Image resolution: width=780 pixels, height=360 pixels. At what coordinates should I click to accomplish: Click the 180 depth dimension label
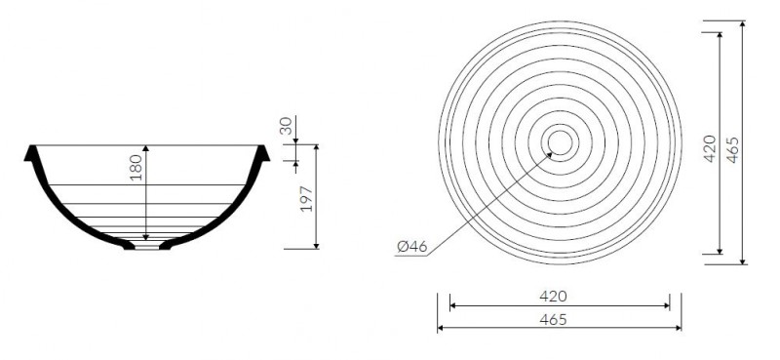(136, 167)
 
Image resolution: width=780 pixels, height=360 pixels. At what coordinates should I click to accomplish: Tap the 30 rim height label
(286, 127)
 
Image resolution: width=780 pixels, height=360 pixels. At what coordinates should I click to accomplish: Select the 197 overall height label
(307, 199)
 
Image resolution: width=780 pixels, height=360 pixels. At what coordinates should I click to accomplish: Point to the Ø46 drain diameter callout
(412, 247)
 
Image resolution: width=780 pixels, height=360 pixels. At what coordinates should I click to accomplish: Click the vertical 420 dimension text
(710, 148)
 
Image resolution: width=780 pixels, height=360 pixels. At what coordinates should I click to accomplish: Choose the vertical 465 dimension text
(733, 149)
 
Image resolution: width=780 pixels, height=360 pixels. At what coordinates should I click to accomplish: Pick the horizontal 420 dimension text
(553, 297)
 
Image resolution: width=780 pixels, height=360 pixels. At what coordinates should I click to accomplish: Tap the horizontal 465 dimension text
(553, 319)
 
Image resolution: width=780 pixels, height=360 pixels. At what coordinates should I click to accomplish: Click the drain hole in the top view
(560, 142)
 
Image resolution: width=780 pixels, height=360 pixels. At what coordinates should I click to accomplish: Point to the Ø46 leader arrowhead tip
(552, 153)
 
